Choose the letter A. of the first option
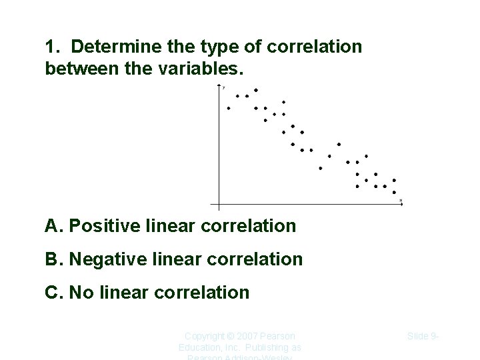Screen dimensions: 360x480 coord(54,226)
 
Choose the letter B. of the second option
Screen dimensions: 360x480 coord(54,259)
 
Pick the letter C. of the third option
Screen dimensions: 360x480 coord(54,292)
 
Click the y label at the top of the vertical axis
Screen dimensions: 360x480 coord(224,87)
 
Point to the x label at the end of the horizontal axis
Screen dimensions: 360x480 coord(401,200)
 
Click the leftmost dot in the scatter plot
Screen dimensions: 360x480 coord(229,108)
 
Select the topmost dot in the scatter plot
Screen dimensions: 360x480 coord(256,90)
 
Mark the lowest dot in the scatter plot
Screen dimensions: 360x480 coord(394,192)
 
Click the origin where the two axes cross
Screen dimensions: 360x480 coord(219,204)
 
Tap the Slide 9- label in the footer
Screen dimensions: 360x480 coord(423,336)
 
